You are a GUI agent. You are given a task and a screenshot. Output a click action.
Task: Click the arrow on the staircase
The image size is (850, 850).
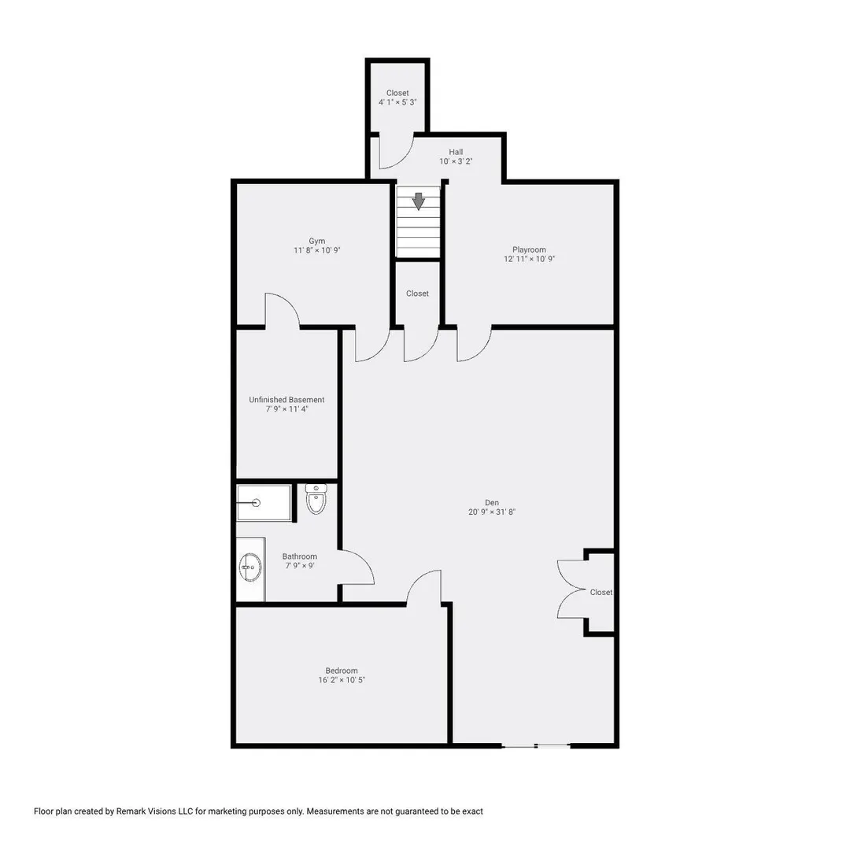click(x=418, y=201)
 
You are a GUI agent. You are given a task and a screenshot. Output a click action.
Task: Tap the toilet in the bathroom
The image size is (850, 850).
click(x=316, y=499)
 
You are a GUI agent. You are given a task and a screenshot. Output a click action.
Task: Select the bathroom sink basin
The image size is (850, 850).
click(x=250, y=567)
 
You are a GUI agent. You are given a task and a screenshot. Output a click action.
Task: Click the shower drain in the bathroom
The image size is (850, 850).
click(x=257, y=503)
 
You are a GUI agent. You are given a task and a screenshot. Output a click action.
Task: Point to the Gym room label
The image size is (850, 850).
click(x=317, y=242)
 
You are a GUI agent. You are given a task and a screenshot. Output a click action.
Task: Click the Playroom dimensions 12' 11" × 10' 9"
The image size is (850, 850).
click(x=529, y=259)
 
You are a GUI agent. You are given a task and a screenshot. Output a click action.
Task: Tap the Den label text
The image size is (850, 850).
click(x=492, y=502)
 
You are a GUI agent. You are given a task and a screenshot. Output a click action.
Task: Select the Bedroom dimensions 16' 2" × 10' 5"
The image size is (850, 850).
click(x=342, y=680)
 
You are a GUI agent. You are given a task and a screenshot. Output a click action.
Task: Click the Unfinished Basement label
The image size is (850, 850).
click(x=286, y=400)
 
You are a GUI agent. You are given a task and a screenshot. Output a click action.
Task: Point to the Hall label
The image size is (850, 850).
click(x=456, y=152)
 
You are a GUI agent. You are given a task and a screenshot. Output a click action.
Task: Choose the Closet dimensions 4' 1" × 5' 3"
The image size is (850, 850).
click(x=397, y=102)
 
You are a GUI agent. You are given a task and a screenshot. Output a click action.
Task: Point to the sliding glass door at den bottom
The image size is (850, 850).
click(x=536, y=746)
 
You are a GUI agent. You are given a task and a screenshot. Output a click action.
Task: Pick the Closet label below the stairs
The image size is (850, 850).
click(x=417, y=294)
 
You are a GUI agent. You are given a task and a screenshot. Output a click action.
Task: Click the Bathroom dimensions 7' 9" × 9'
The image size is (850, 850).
click(x=300, y=565)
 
